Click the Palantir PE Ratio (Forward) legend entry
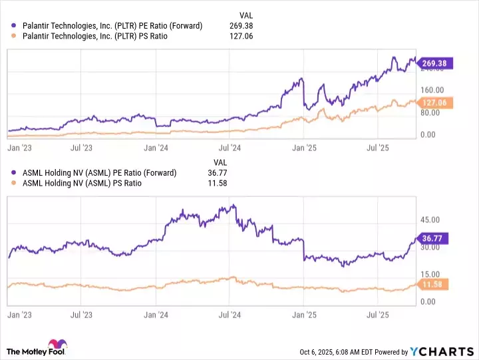(112, 26)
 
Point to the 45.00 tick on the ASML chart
(430, 220)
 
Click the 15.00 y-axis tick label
(430, 274)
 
